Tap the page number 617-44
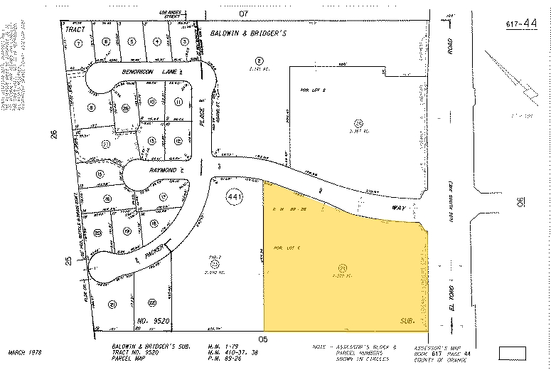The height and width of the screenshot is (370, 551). click(522, 24)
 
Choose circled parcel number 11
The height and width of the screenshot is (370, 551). click(178, 102)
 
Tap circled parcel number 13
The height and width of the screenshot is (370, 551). click(152, 141)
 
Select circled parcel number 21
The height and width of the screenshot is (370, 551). click(112, 305)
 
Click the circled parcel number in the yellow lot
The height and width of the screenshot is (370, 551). click(342, 268)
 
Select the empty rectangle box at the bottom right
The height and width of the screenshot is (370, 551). click(512, 352)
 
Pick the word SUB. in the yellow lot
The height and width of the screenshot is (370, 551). click(407, 320)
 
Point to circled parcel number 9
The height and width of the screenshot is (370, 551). click(91, 107)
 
